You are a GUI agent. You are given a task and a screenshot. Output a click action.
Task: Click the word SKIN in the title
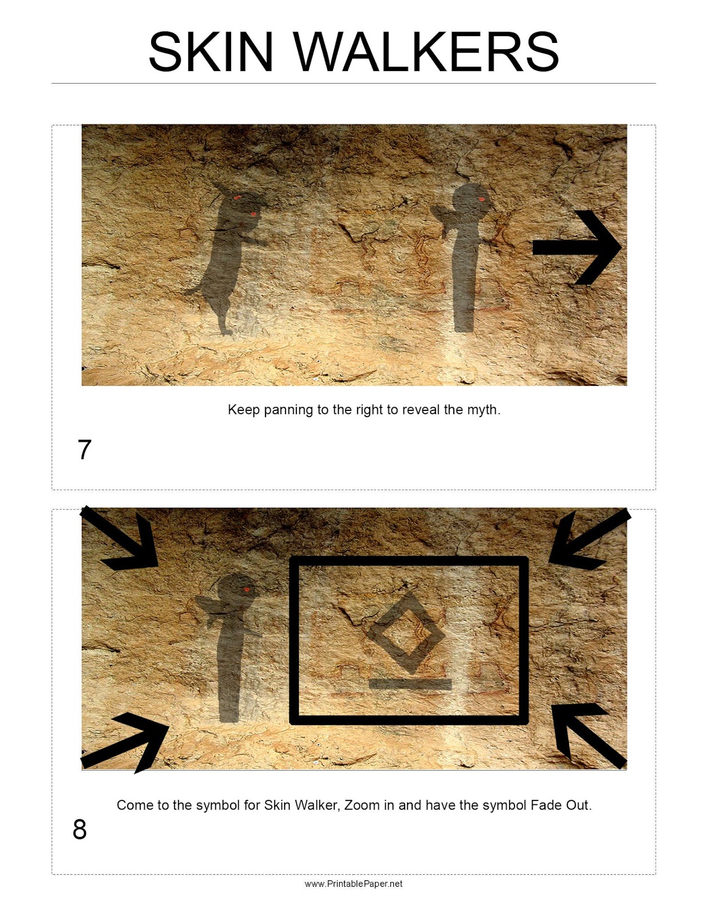(211, 52)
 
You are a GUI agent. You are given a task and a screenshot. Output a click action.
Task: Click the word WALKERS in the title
(426, 52)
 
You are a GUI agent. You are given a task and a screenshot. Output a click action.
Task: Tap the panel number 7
(85, 450)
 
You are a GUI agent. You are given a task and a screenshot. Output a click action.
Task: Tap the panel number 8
(80, 830)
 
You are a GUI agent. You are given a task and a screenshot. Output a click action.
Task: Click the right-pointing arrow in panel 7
(577, 247)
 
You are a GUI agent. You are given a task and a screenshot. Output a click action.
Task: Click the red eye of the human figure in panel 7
(482, 199)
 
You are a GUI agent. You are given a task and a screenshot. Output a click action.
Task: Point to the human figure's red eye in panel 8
(247, 589)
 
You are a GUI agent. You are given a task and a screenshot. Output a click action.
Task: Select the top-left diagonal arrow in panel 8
(120, 538)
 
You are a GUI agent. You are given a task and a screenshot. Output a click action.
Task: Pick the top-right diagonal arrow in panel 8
(589, 539)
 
